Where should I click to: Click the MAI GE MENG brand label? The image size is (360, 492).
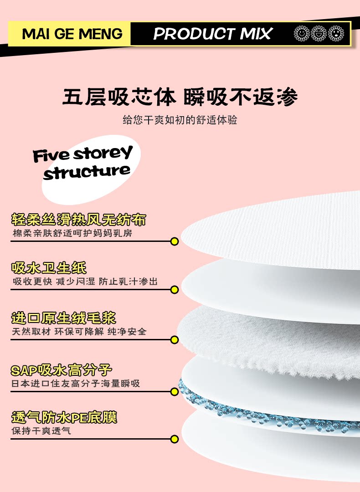click(x=72, y=34)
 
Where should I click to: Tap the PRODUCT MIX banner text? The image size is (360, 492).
click(x=212, y=34)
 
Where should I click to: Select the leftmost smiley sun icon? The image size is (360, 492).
click(x=302, y=33)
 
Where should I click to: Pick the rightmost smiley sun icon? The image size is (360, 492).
click(x=336, y=33)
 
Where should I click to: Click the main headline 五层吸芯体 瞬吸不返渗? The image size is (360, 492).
click(x=180, y=97)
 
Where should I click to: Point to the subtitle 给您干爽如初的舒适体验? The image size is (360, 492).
click(x=180, y=120)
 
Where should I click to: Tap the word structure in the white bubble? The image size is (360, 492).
click(x=87, y=172)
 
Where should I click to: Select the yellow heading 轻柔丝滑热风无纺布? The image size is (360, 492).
click(x=78, y=220)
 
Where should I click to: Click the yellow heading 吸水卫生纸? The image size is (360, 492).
click(x=49, y=268)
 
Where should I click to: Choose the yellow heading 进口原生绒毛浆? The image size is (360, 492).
click(x=64, y=318)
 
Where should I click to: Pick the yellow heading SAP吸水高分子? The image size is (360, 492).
click(x=62, y=369)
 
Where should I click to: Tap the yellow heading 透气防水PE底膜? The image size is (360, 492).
click(x=64, y=417)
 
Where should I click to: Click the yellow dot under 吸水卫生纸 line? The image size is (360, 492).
click(x=174, y=290)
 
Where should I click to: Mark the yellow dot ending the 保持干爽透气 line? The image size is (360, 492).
click(x=174, y=439)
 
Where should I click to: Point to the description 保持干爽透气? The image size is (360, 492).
click(x=41, y=430)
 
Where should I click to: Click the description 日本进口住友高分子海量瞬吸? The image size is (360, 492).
click(x=76, y=383)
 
